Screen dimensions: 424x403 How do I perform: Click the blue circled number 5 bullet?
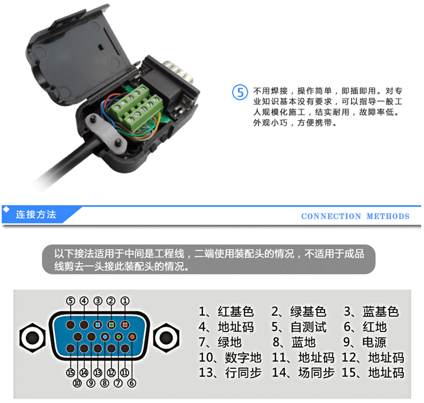tap(240, 92)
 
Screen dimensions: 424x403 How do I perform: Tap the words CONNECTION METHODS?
tap(355, 216)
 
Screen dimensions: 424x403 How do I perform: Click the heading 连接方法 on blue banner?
tap(36, 215)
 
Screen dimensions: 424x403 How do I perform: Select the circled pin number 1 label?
tap(125, 301)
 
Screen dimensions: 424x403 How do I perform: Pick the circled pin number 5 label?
tap(70, 301)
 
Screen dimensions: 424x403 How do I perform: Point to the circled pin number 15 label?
tap(70, 373)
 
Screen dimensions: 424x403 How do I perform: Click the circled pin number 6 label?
tap(131, 383)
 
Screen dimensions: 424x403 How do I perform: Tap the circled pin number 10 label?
tap(77, 383)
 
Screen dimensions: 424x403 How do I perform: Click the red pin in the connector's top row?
tap(125, 325)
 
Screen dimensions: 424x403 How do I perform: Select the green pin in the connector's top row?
tap(111, 325)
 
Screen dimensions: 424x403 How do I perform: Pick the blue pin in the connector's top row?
tap(98, 325)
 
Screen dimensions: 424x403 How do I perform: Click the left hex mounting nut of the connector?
tap(32, 338)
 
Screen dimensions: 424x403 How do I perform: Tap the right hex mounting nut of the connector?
tap(166, 338)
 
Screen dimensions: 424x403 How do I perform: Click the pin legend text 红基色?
tap(235, 312)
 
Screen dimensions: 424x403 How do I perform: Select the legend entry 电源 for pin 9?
tap(374, 342)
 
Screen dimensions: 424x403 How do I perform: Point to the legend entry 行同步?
tap(243, 373)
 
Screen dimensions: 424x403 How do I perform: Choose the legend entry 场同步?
tap(317, 373)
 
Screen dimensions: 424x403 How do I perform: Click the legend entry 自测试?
tap(308, 327)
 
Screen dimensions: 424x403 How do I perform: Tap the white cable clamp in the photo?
tap(106, 134)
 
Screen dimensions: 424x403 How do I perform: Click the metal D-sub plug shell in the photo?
tap(180, 72)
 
